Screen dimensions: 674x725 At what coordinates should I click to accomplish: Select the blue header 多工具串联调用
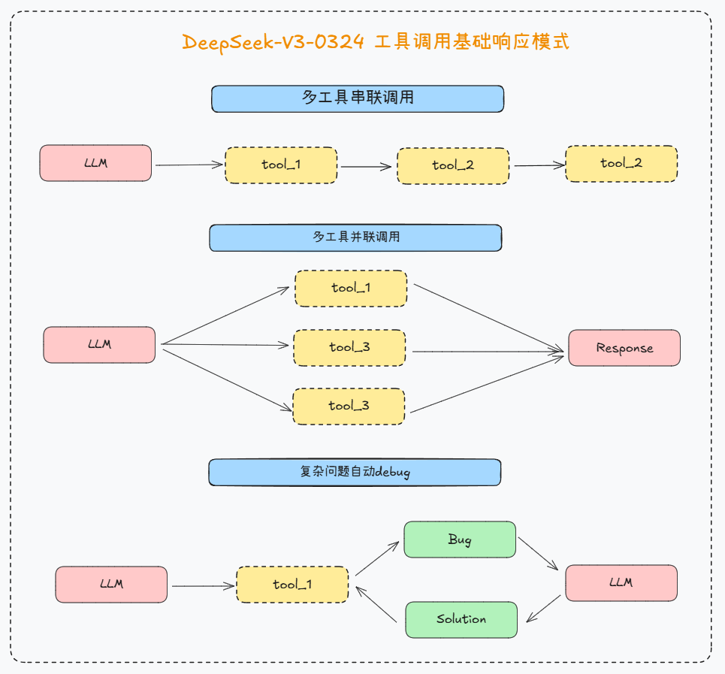coord(357,98)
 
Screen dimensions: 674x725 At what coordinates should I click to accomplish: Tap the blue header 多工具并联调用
coord(355,237)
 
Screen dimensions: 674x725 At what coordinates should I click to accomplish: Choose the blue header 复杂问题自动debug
coord(355,472)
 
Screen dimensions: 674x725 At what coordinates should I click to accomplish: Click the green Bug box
coord(460,540)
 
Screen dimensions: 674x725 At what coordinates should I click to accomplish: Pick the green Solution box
coord(461,619)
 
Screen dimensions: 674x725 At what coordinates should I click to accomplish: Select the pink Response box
coord(624,348)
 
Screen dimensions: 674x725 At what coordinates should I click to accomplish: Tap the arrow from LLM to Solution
coord(543,609)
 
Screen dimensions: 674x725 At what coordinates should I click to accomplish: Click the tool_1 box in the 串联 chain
coord(281,165)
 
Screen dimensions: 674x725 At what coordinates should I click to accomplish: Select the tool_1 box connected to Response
coord(351,288)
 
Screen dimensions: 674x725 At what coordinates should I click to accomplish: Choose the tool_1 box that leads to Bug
coord(292,585)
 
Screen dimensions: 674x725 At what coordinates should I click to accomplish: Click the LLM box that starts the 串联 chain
coord(95,163)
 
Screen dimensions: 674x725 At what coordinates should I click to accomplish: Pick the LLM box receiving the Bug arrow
coord(621,583)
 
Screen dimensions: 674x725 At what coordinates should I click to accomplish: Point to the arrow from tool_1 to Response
coord(488,318)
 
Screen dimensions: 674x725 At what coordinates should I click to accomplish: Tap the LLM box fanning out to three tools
coord(99,345)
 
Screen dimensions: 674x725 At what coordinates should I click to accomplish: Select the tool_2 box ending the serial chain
coord(621,164)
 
